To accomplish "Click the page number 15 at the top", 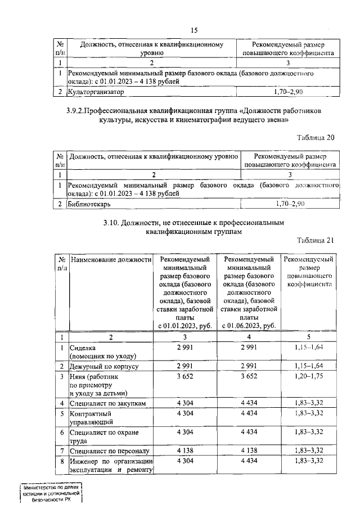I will point(195,30).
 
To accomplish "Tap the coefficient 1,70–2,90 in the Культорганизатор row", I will point(287,91).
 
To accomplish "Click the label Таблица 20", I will point(316,138).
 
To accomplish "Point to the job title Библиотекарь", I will point(89,204).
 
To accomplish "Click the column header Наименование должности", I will point(111,260).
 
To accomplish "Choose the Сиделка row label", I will point(83,348).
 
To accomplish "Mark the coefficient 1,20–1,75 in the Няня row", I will point(308,377).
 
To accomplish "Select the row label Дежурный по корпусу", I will point(103,366).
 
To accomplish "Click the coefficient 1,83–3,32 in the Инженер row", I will point(308,461).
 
